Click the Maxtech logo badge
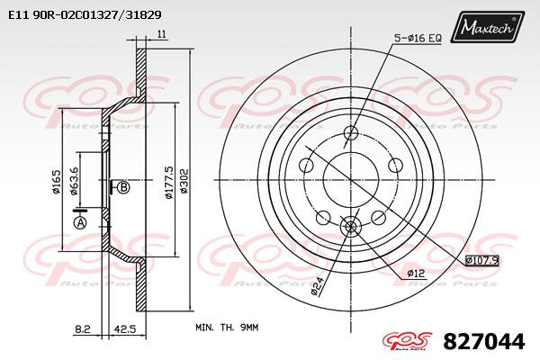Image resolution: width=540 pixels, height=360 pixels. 488,26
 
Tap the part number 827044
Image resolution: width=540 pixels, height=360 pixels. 484,342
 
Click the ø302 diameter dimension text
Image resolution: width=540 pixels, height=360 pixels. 184,181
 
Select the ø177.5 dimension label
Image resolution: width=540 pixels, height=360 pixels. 169,182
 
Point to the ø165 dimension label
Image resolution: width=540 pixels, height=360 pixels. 56,181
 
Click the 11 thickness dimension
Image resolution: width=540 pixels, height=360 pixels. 161,34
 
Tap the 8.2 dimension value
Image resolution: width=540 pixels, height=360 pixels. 82,329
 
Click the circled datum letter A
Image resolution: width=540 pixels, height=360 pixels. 80,223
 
